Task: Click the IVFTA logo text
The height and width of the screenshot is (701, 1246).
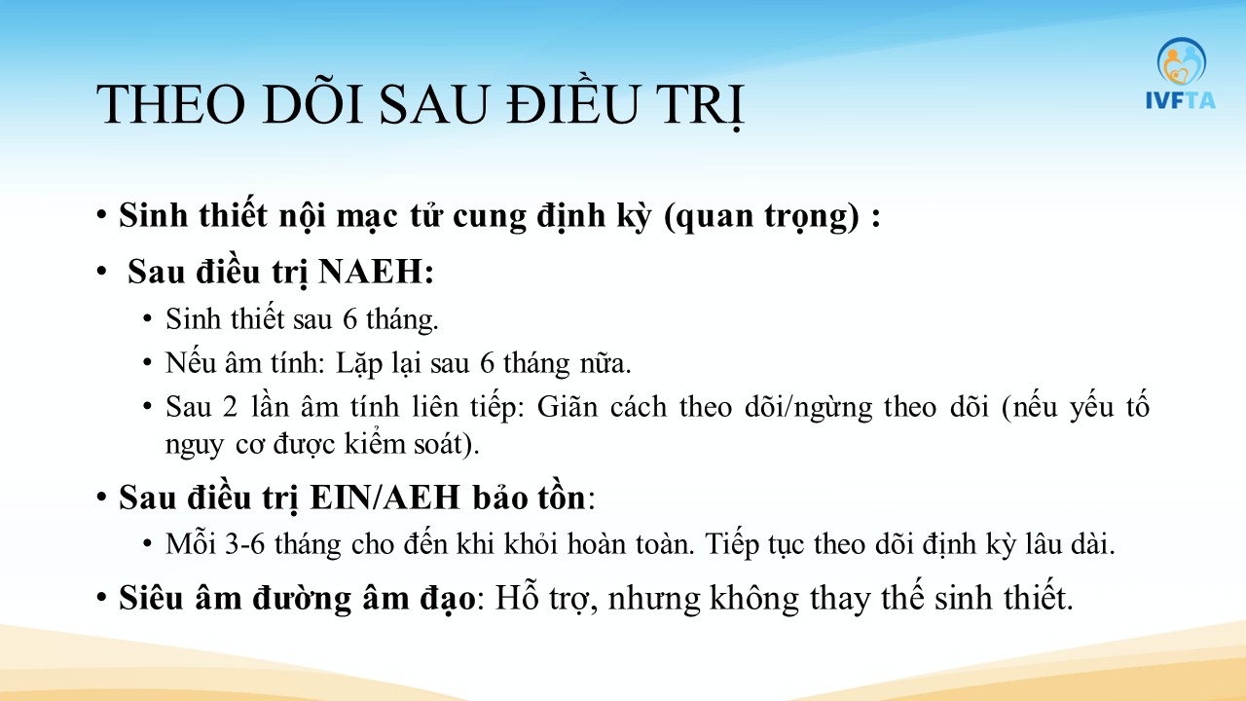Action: coord(1181,100)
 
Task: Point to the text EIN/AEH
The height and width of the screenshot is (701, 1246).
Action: coord(385,497)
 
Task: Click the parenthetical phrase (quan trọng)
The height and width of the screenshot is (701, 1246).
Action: coord(761,216)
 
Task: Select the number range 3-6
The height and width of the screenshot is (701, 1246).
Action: coord(244,543)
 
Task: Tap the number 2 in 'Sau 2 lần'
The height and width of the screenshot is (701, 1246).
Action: coord(231,407)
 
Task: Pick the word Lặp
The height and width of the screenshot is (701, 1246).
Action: coord(359,364)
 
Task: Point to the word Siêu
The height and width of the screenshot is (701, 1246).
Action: coord(151,598)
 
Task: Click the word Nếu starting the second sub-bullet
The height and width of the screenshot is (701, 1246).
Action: coord(190,363)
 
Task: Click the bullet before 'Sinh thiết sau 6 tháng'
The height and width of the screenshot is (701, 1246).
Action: coord(147,319)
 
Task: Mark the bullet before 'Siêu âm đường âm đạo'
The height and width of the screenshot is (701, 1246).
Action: coord(101,598)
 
